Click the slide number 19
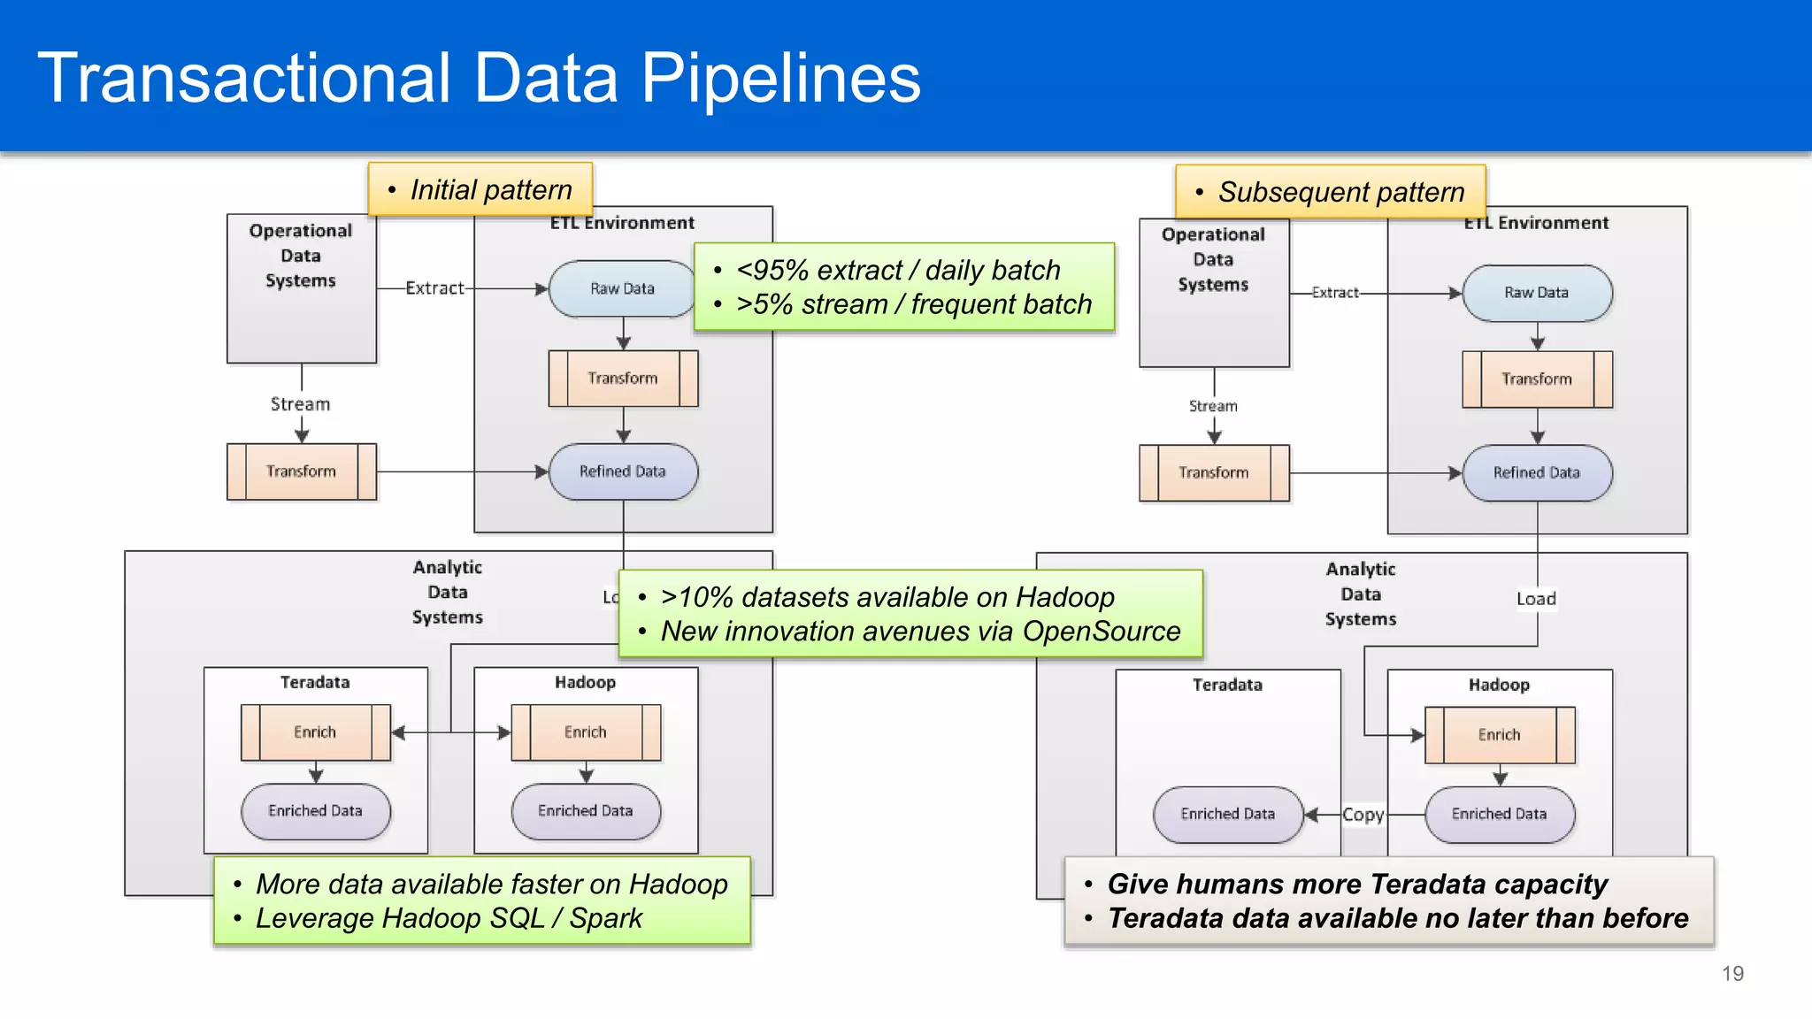(1732, 974)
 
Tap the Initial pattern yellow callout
(480, 189)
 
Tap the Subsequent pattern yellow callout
(1331, 192)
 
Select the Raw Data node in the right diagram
(1537, 293)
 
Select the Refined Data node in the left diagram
(623, 471)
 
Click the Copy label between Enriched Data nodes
(1363, 815)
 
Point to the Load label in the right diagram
(1536, 599)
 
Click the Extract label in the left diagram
(434, 288)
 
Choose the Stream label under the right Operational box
(1213, 406)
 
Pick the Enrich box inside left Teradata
(315, 732)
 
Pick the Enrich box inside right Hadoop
(1500, 735)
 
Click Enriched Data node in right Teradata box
(1227, 814)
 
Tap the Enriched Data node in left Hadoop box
(586, 811)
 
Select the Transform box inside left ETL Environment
(623, 379)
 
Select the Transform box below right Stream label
(1214, 473)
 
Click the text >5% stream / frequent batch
(914, 304)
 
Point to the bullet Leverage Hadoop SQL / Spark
(449, 918)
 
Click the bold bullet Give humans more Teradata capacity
(1357, 884)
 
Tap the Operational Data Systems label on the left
(301, 256)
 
